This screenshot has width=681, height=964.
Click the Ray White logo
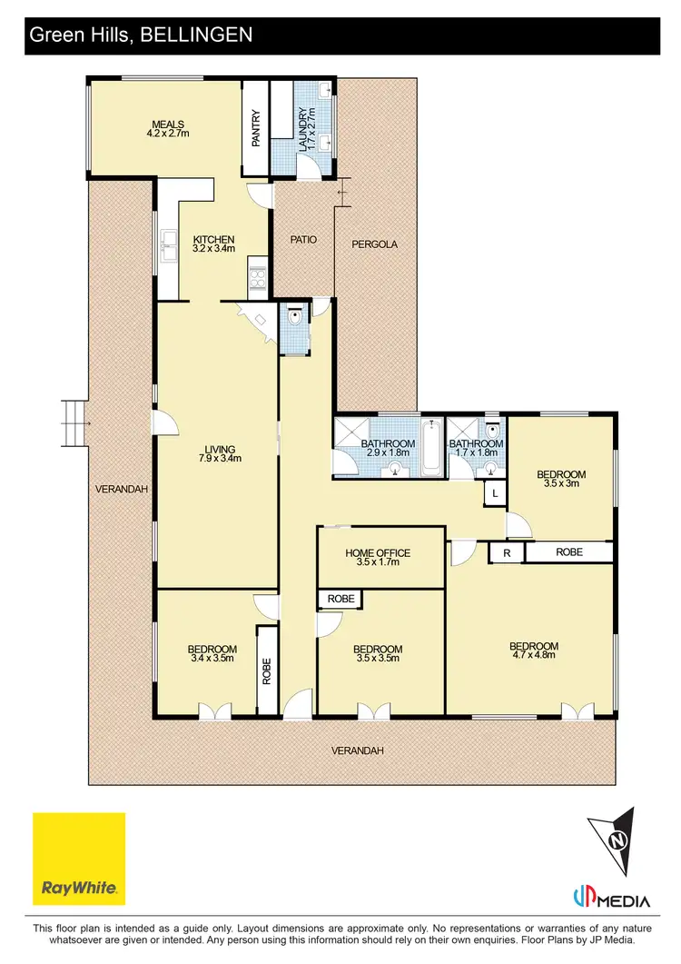pyautogui.click(x=79, y=859)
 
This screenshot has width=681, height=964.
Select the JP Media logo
pyautogui.click(x=612, y=899)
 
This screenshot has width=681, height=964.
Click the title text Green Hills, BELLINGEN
pyautogui.click(x=141, y=35)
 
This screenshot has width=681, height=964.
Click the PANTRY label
pyautogui.click(x=256, y=128)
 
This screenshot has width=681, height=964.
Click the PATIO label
pyautogui.click(x=303, y=240)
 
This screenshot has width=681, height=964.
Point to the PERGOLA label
pyautogui.click(x=375, y=244)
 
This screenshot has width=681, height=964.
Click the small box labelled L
pyautogui.click(x=495, y=492)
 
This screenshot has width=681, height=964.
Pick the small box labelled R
pyautogui.click(x=507, y=552)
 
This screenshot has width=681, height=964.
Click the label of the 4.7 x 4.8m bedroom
pyautogui.click(x=534, y=651)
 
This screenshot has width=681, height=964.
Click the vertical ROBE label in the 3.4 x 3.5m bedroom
pyautogui.click(x=267, y=671)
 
